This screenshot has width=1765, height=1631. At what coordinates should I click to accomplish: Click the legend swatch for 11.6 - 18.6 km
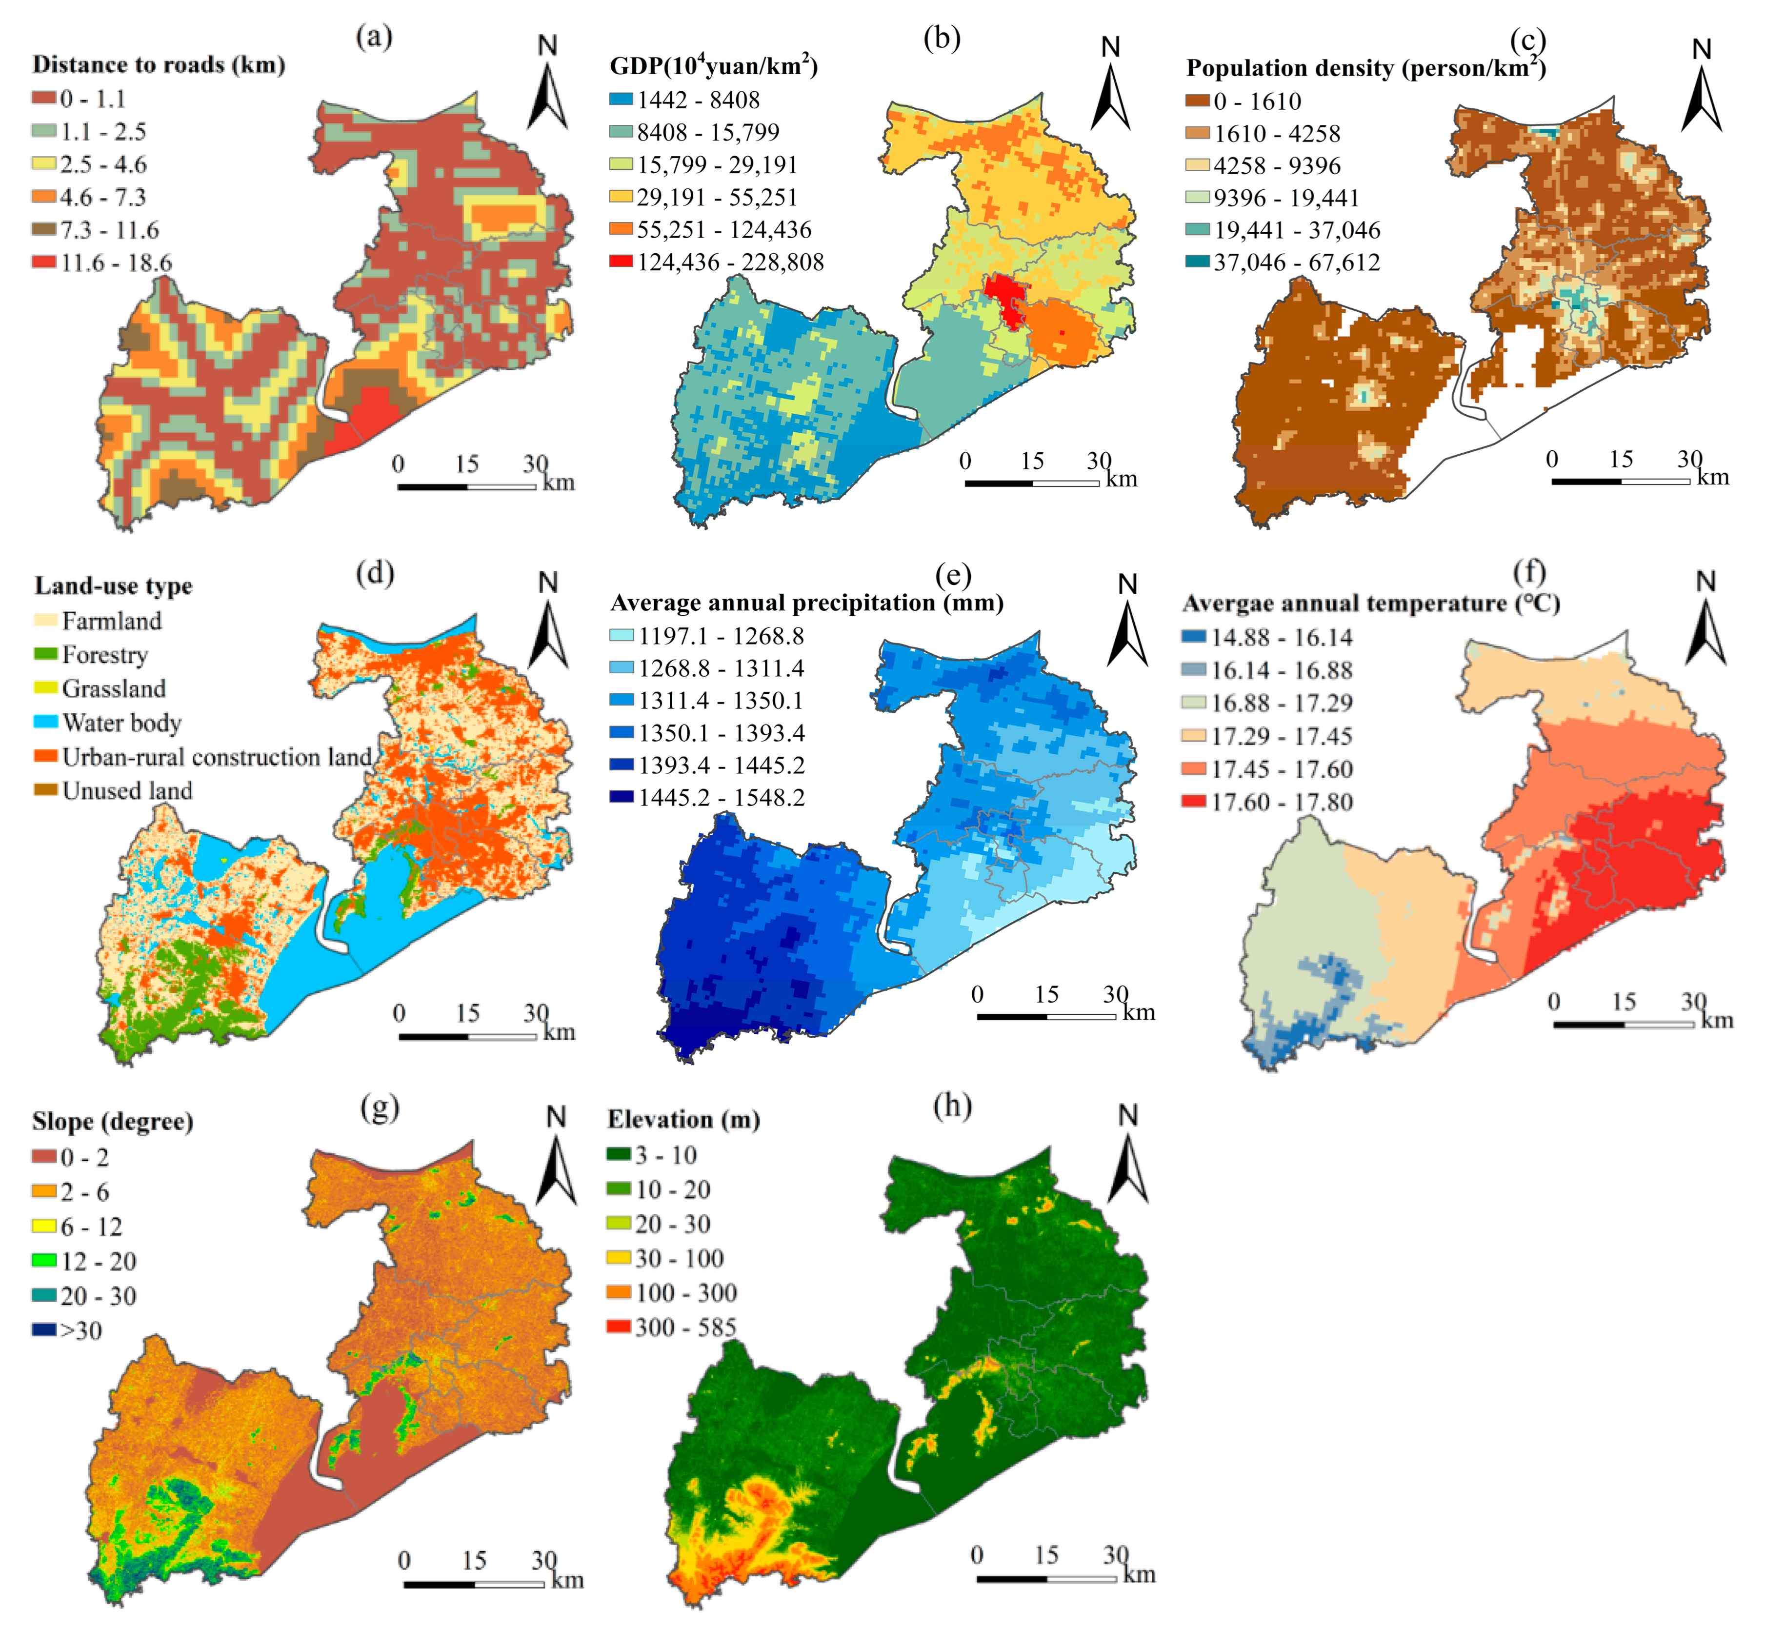(44, 262)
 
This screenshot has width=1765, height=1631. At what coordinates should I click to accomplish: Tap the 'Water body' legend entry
(121, 723)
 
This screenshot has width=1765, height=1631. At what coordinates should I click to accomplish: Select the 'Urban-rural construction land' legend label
(216, 757)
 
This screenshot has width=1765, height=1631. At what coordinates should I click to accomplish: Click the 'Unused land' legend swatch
(46, 790)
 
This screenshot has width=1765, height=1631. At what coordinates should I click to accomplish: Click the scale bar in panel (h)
(1046, 1578)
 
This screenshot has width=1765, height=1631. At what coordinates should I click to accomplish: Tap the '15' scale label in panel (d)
(468, 1012)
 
